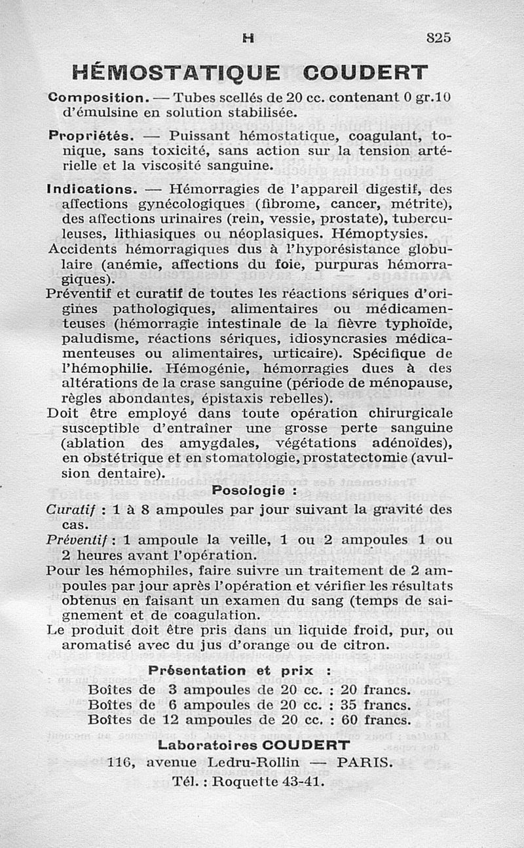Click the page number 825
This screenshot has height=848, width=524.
click(438, 37)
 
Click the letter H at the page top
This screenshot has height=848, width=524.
click(248, 38)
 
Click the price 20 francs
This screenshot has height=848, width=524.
click(376, 689)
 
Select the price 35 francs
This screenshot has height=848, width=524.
click(376, 705)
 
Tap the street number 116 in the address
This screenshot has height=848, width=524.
click(121, 762)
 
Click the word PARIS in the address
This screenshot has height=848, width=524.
click(365, 762)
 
